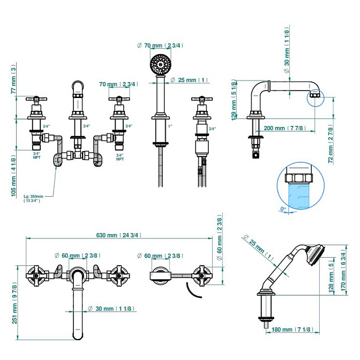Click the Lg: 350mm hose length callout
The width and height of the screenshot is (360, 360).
click(x=33, y=198)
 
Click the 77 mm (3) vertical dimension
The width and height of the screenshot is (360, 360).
click(x=14, y=79)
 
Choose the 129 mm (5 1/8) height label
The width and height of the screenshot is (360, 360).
click(x=234, y=101)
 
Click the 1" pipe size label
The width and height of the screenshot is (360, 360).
click(x=170, y=126)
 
